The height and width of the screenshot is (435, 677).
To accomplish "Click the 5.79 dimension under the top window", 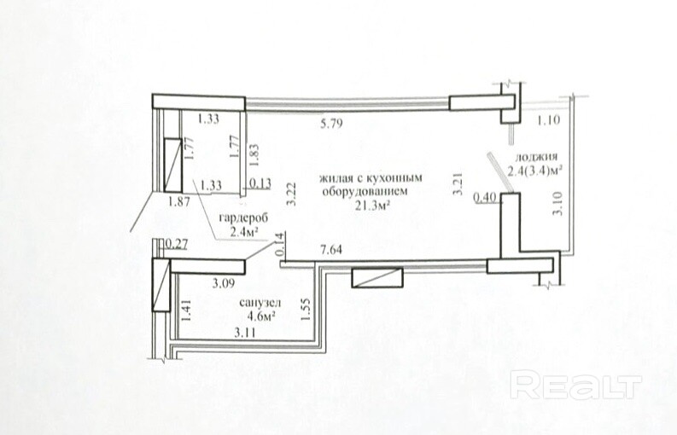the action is point(331,124).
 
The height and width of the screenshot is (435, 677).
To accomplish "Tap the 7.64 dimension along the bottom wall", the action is point(330,249).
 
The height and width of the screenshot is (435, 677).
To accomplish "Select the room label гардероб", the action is point(243,218).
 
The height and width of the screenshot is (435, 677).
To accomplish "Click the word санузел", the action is point(260,303).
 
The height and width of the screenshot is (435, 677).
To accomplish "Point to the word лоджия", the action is point(536,157).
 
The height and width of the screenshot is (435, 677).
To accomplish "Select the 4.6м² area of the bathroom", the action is point(261,316).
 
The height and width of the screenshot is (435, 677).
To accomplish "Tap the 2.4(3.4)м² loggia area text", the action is point(534,171).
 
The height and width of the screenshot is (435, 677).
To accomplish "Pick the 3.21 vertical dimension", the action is point(458,184).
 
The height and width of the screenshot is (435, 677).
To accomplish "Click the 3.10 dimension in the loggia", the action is point(558,203).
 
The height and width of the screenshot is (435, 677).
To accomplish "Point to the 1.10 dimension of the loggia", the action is point(548,119).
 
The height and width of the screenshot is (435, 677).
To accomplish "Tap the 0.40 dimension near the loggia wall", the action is point(484,198).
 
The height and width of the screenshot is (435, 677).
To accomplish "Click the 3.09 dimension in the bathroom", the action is point(223,283).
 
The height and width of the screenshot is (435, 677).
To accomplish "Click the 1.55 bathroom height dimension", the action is point(306,309).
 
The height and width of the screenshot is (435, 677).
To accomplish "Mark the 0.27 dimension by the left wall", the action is point(176,244).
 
